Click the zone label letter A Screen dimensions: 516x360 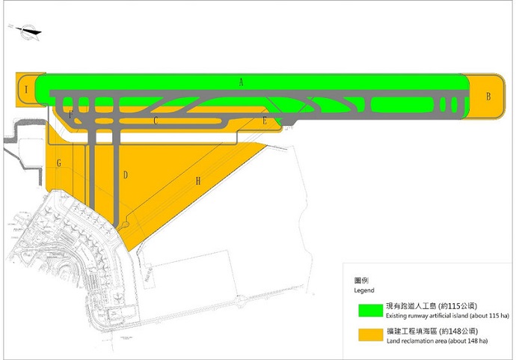(242, 82)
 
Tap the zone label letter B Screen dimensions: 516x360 (488, 97)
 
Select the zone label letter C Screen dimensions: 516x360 (156, 120)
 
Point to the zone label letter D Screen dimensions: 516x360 (126, 175)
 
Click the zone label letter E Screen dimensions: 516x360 (265, 121)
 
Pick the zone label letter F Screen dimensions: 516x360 (70, 115)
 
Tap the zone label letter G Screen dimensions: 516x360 (59, 162)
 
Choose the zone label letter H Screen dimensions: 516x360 (198, 181)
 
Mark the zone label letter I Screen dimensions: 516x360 (26, 89)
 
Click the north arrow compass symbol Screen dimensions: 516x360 (27, 32)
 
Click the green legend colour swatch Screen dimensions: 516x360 (370, 311)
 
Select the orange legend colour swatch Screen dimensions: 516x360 (370, 335)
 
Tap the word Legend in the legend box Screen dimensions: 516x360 (364, 290)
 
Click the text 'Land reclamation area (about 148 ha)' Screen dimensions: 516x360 (437, 341)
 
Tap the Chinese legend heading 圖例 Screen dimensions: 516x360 (361, 281)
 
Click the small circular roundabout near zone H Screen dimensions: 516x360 (125, 225)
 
